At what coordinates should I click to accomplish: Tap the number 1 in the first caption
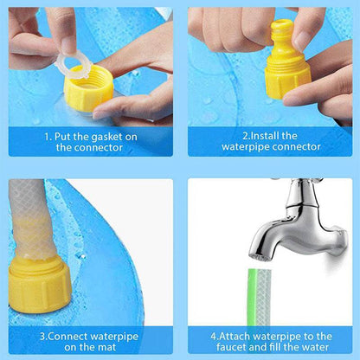point(48,136)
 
